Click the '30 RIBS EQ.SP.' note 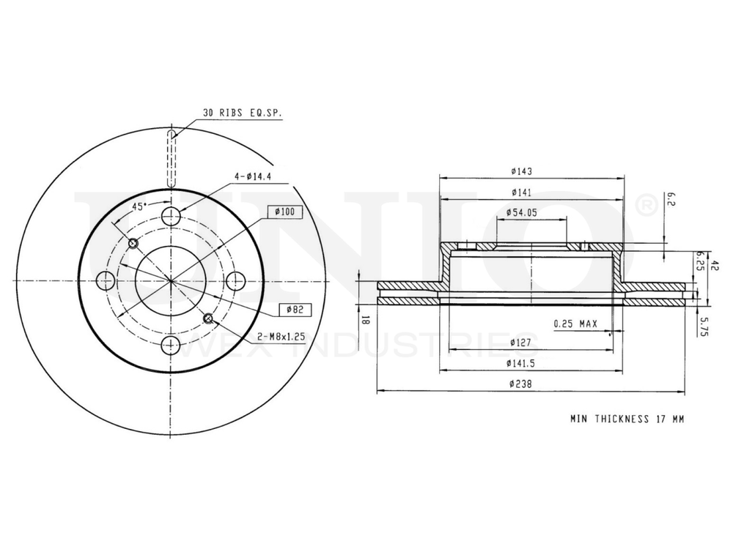click(242, 113)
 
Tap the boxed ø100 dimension click(284, 212)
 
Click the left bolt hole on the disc click(107, 280)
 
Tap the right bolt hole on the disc click(235, 280)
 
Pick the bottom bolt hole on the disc click(171, 345)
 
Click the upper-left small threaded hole click(133, 243)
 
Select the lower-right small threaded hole click(209, 318)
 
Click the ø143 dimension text click(522, 171)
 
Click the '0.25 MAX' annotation click(575, 324)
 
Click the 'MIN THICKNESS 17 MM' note click(627, 419)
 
